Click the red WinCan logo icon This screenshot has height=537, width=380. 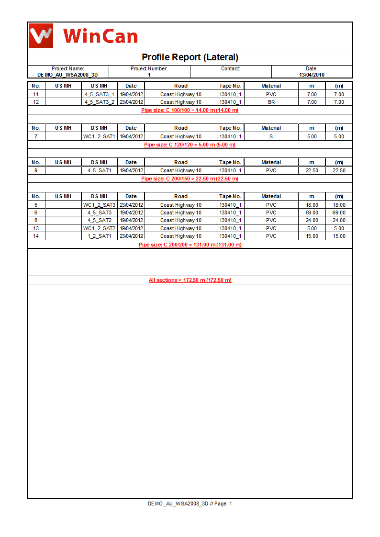(41, 35)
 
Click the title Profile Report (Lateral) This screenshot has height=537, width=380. (190, 57)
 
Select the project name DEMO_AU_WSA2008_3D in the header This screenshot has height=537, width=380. (67, 75)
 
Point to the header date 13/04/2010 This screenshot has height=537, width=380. (312, 75)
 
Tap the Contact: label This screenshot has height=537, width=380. (230, 69)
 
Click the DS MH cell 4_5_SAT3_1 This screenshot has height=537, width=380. (100, 94)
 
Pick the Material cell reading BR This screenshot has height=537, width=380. (271, 102)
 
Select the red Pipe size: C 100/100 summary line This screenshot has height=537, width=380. (190, 110)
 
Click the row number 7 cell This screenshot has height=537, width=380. (36, 136)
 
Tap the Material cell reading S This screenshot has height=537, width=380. (271, 136)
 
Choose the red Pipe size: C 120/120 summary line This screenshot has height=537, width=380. (190, 145)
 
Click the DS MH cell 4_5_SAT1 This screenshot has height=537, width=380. (100, 170)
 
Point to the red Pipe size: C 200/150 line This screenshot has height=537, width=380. (190, 179)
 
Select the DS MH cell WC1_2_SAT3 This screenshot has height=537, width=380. (100, 205)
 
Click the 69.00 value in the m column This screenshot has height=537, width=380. (312, 213)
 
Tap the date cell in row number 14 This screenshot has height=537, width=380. (131, 236)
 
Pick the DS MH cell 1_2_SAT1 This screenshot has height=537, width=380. (100, 236)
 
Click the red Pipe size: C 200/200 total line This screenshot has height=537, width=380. (190, 245)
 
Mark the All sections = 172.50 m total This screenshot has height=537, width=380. (190, 280)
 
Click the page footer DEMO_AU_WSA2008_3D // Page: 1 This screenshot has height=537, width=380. (190, 503)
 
